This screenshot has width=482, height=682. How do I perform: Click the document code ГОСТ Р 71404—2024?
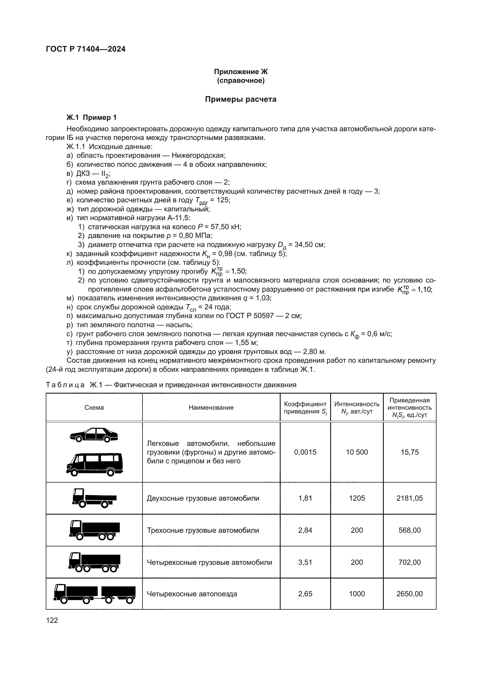(86, 49)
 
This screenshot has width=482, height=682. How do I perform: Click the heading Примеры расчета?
(240, 99)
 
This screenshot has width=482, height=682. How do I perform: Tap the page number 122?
(52, 620)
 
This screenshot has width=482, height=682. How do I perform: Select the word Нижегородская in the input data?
(198, 155)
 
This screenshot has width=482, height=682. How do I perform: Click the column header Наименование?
(211, 408)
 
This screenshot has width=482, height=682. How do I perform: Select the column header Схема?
(94, 408)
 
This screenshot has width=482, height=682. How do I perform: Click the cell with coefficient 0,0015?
(305, 452)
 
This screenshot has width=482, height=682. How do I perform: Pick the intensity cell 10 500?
(357, 452)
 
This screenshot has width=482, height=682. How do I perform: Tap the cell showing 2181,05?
(409, 498)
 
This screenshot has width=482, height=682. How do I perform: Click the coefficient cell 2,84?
(305, 530)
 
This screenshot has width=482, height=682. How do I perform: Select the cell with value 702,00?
(409, 562)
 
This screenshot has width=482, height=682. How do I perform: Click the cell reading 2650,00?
(409, 594)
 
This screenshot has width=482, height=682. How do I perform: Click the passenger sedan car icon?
(94, 435)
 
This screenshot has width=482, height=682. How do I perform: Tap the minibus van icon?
(94, 464)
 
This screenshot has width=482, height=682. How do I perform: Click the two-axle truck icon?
(94, 498)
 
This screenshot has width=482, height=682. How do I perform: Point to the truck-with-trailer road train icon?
(94, 594)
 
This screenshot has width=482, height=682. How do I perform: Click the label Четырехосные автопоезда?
(192, 594)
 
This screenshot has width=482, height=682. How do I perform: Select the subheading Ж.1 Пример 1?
(92, 118)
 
